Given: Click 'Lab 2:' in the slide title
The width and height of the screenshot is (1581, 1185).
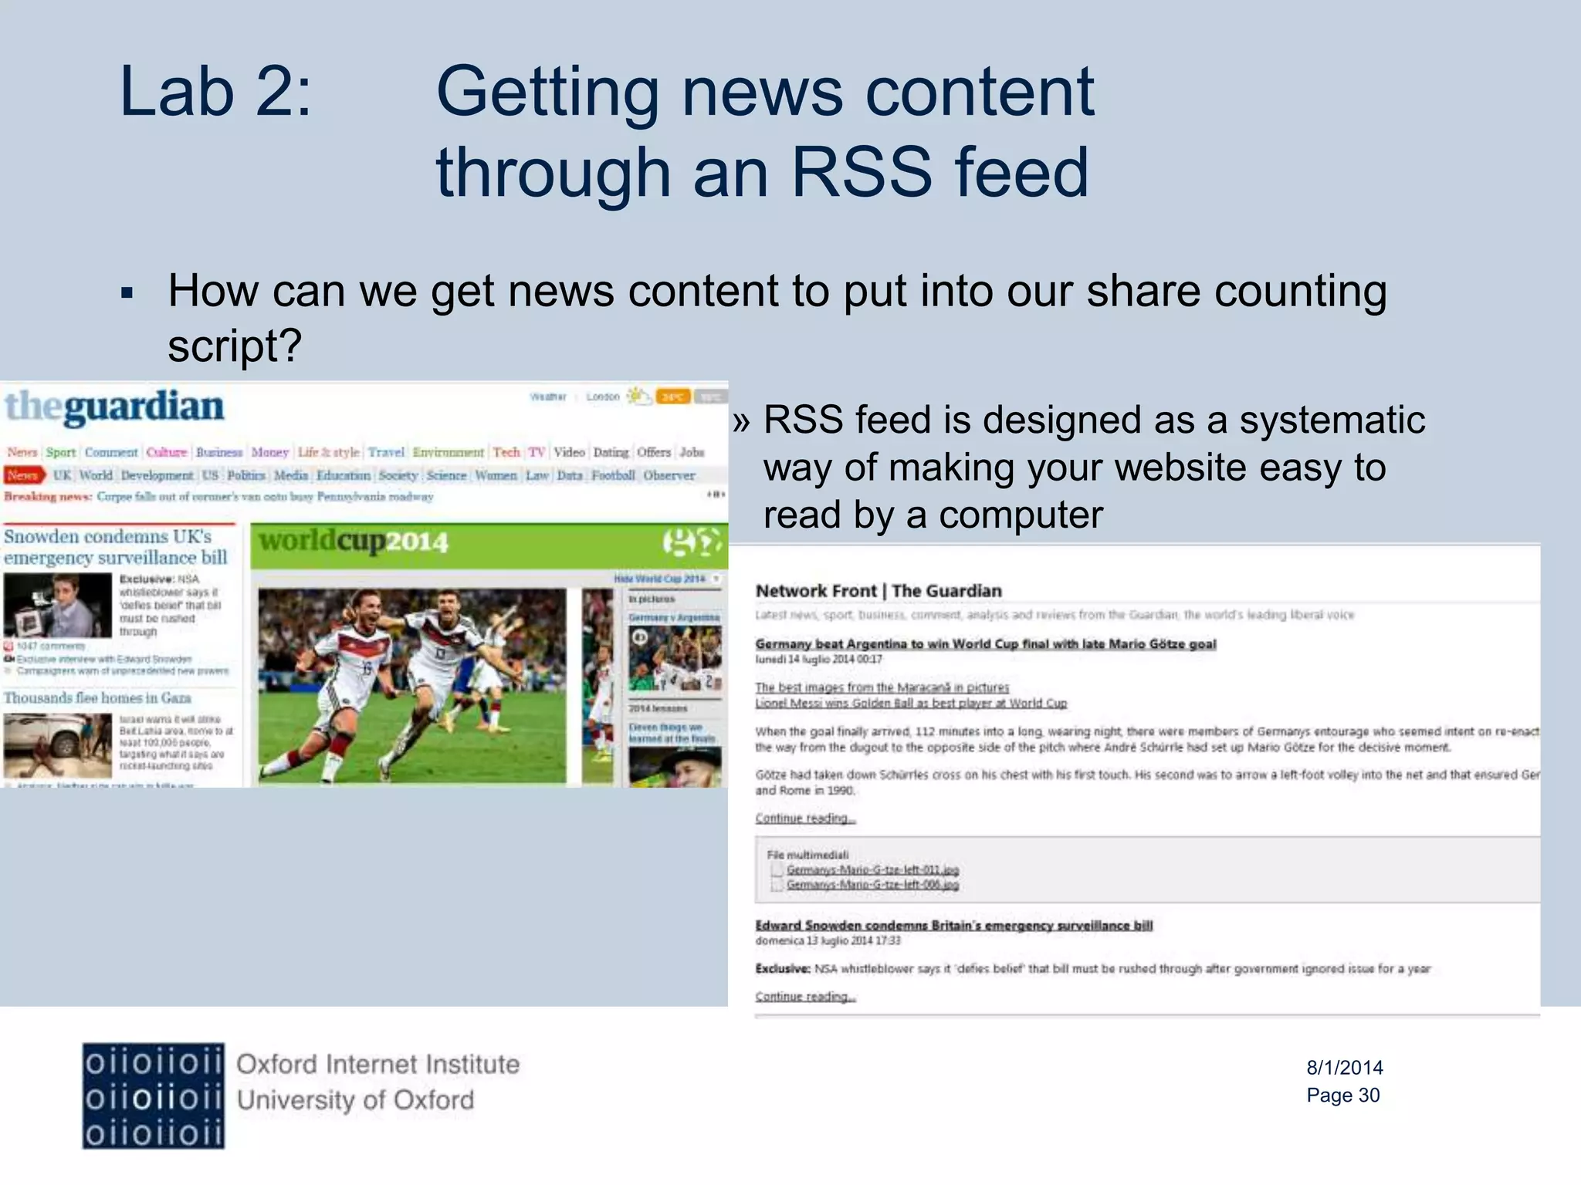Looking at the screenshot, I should [x=215, y=93].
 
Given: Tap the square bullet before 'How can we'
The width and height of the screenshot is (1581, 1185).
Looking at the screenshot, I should [x=127, y=293].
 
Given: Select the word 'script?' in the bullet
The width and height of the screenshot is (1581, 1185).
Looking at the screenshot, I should [x=234, y=345].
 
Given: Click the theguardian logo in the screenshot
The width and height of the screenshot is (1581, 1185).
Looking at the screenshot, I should [x=114, y=407].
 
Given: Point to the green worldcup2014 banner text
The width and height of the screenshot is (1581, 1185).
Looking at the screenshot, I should [x=354, y=542].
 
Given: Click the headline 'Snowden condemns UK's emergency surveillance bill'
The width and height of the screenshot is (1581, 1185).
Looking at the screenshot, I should [x=116, y=547].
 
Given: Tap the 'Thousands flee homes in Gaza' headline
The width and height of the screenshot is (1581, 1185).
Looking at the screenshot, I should [x=97, y=698].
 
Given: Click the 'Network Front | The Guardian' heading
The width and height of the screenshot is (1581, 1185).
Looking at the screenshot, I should [x=879, y=591].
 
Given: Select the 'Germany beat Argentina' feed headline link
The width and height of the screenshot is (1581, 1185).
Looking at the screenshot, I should [x=985, y=644].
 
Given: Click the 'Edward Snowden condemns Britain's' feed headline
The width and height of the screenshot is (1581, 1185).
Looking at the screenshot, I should [x=953, y=925].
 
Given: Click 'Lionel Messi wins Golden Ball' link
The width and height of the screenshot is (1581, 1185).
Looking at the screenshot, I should [x=911, y=704].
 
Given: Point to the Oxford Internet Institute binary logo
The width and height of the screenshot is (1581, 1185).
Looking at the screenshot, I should [x=154, y=1096].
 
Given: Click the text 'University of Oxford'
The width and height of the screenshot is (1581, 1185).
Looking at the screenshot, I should [x=355, y=1100].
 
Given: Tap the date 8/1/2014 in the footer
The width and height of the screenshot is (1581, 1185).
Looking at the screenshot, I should [x=1344, y=1068].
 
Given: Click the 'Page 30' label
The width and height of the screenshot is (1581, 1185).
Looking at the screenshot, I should [x=1342, y=1096].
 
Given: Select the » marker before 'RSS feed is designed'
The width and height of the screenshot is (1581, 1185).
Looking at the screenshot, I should [x=742, y=422].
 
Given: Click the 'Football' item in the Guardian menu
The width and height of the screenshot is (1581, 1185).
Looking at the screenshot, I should [x=613, y=475].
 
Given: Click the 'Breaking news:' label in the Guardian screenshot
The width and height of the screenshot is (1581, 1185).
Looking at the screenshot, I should [x=47, y=497].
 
